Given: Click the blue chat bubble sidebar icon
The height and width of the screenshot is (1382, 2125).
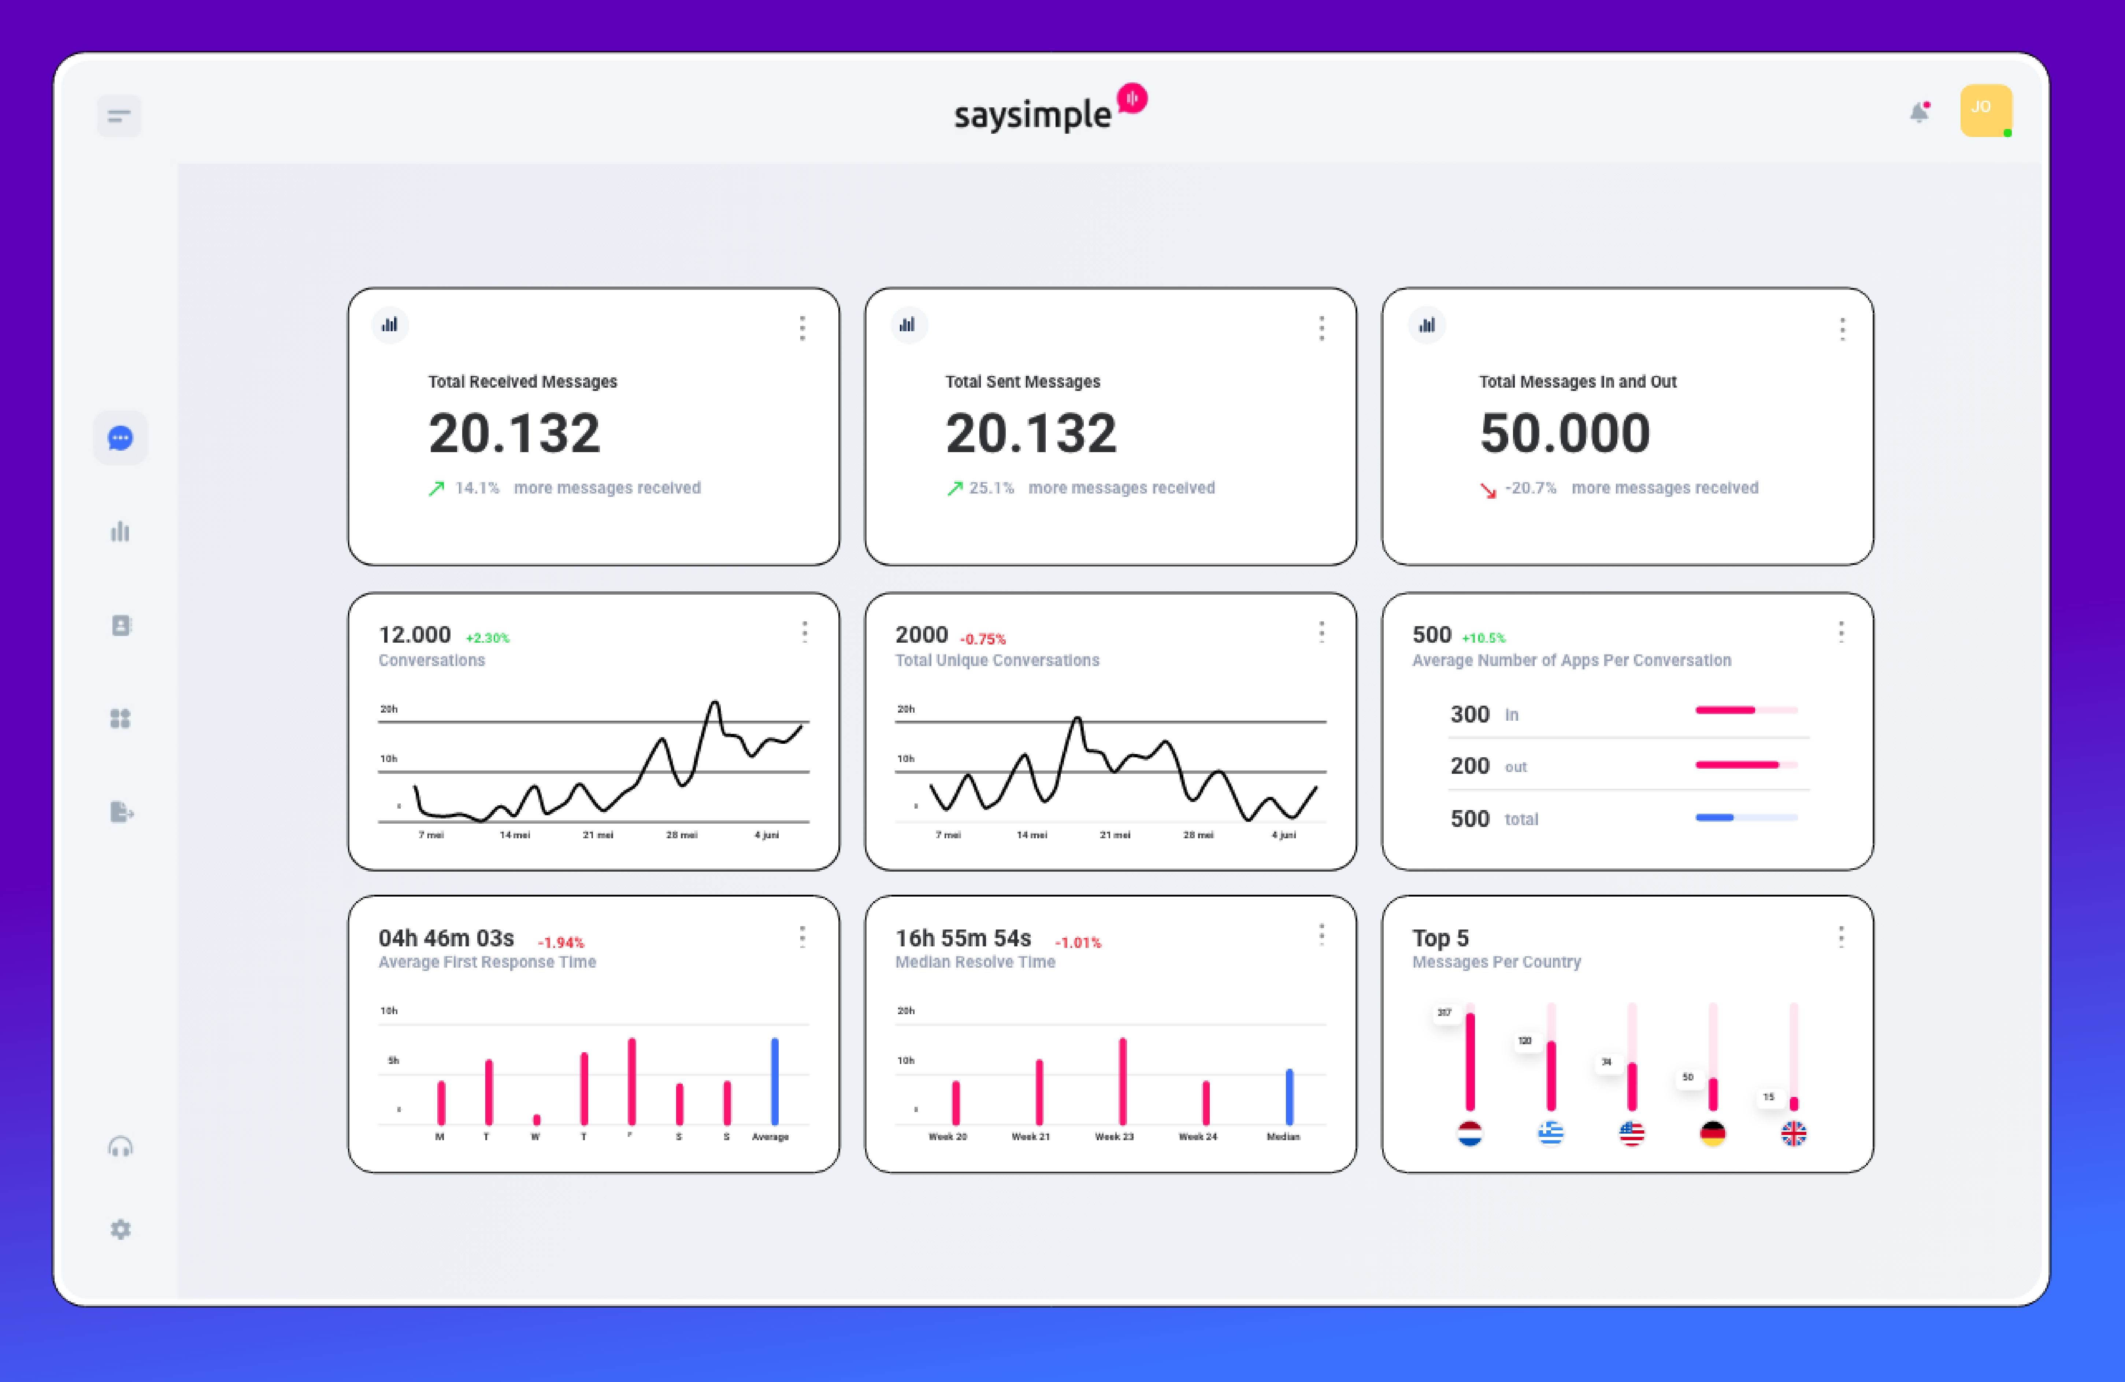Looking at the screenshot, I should (x=120, y=438).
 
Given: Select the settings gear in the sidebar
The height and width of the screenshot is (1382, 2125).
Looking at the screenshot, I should (x=120, y=1229).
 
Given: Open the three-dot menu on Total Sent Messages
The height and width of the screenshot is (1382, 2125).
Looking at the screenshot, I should (x=1321, y=328).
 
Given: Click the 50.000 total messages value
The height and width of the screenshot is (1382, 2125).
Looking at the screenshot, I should (x=1564, y=433).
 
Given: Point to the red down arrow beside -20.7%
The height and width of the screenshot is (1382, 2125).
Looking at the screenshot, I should (x=1487, y=489).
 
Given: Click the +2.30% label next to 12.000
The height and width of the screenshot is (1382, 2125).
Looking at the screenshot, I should (x=487, y=638).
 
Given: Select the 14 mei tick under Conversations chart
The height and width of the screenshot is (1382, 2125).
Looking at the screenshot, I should (x=514, y=834).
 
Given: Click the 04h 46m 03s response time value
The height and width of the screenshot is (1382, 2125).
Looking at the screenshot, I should (x=446, y=938).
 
